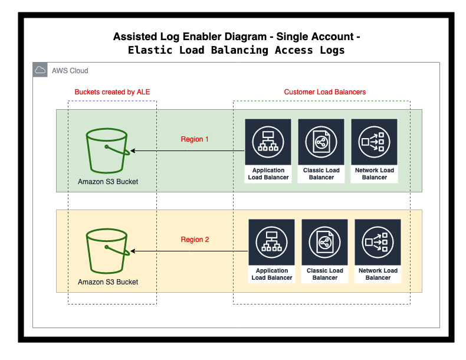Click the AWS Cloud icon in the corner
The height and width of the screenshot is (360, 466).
click(41, 70)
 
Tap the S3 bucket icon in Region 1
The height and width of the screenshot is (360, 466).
click(107, 150)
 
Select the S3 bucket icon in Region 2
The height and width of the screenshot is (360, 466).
click(107, 250)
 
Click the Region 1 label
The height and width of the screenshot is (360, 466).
click(195, 140)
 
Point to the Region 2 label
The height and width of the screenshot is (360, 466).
click(195, 240)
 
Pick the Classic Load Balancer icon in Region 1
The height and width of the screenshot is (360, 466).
click(321, 142)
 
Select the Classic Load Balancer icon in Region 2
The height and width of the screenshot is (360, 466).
click(325, 243)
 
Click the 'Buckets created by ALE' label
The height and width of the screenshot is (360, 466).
click(113, 92)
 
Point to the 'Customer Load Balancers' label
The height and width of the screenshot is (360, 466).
click(325, 92)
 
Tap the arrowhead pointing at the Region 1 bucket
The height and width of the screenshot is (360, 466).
click(133, 151)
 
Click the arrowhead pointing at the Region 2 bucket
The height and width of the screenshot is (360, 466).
click(133, 251)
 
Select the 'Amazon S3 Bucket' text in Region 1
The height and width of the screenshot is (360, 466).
click(108, 182)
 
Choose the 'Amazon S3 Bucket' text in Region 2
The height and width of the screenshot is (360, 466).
click(108, 282)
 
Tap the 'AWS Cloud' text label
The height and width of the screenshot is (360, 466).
click(70, 71)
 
